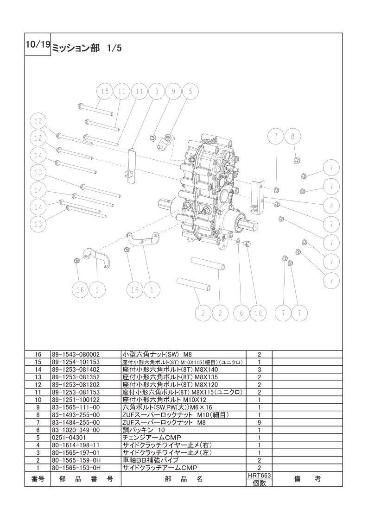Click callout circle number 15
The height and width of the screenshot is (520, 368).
coord(105,92)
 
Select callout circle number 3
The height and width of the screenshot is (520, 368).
coord(157,92)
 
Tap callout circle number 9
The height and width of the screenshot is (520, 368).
coord(173,92)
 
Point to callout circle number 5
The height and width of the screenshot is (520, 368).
coord(190,92)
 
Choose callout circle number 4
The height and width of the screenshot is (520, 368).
coord(331,205)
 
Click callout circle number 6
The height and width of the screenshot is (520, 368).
coord(241,313)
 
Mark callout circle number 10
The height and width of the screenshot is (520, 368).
coord(258,313)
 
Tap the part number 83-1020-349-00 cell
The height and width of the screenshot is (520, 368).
coord(77,430)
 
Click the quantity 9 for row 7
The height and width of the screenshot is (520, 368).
coord(260,422)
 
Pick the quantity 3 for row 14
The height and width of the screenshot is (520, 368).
coord(260,369)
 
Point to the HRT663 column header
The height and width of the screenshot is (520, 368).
coord(260,475)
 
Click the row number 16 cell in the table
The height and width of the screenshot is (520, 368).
coord(38,354)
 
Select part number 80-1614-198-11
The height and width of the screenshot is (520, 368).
coord(77,445)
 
